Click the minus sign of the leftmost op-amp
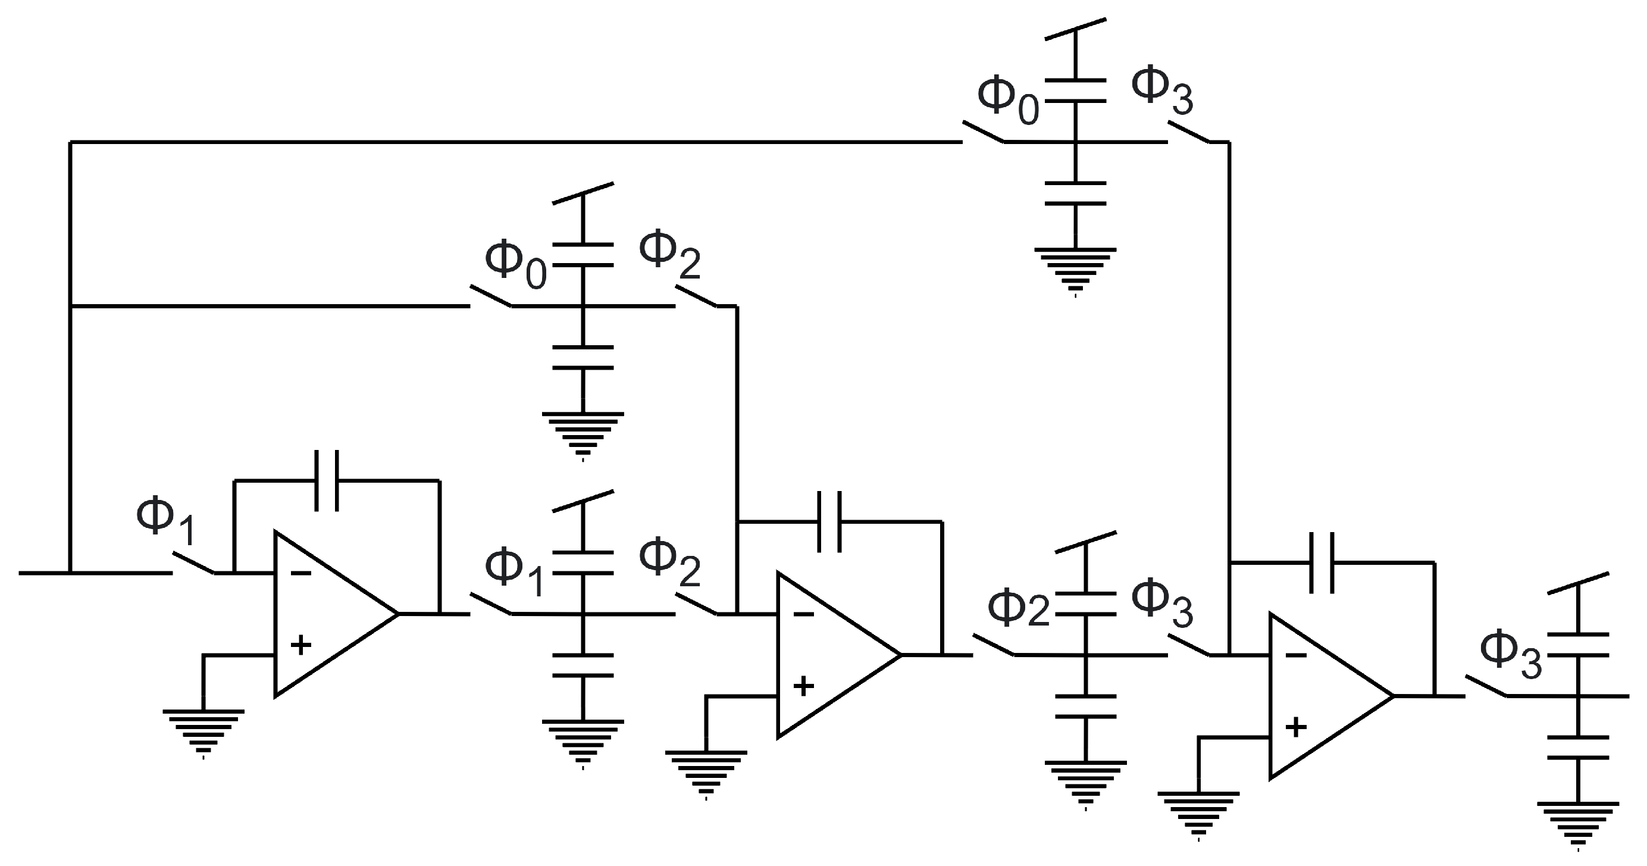(x=300, y=573)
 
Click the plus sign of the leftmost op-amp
(x=300, y=645)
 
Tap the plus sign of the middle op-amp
(x=803, y=686)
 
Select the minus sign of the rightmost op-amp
(x=1295, y=655)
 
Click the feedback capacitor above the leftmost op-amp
(x=327, y=480)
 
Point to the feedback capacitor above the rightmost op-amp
(x=1322, y=563)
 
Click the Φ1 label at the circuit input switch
(x=165, y=521)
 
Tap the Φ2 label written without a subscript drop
(x=1019, y=608)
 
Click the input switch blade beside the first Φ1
(x=193, y=562)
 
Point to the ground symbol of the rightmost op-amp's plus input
(x=1198, y=813)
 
